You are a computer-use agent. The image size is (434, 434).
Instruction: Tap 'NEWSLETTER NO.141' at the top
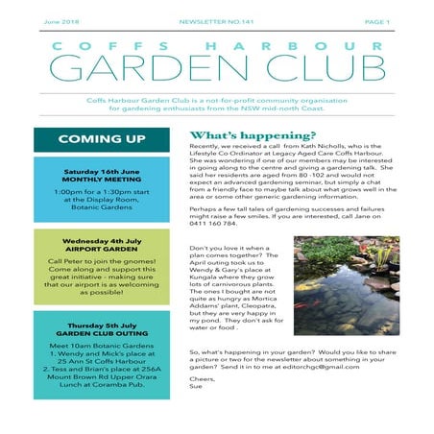(x=215, y=20)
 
